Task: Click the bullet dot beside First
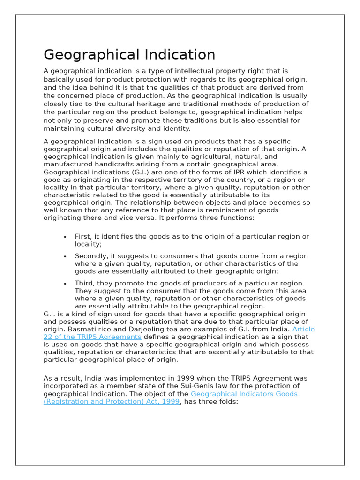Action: tap(65, 237)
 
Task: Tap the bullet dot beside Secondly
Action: tap(65, 256)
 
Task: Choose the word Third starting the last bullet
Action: tap(84, 283)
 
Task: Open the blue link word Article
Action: tap(303, 329)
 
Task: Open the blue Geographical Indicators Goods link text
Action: tap(245, 394)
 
